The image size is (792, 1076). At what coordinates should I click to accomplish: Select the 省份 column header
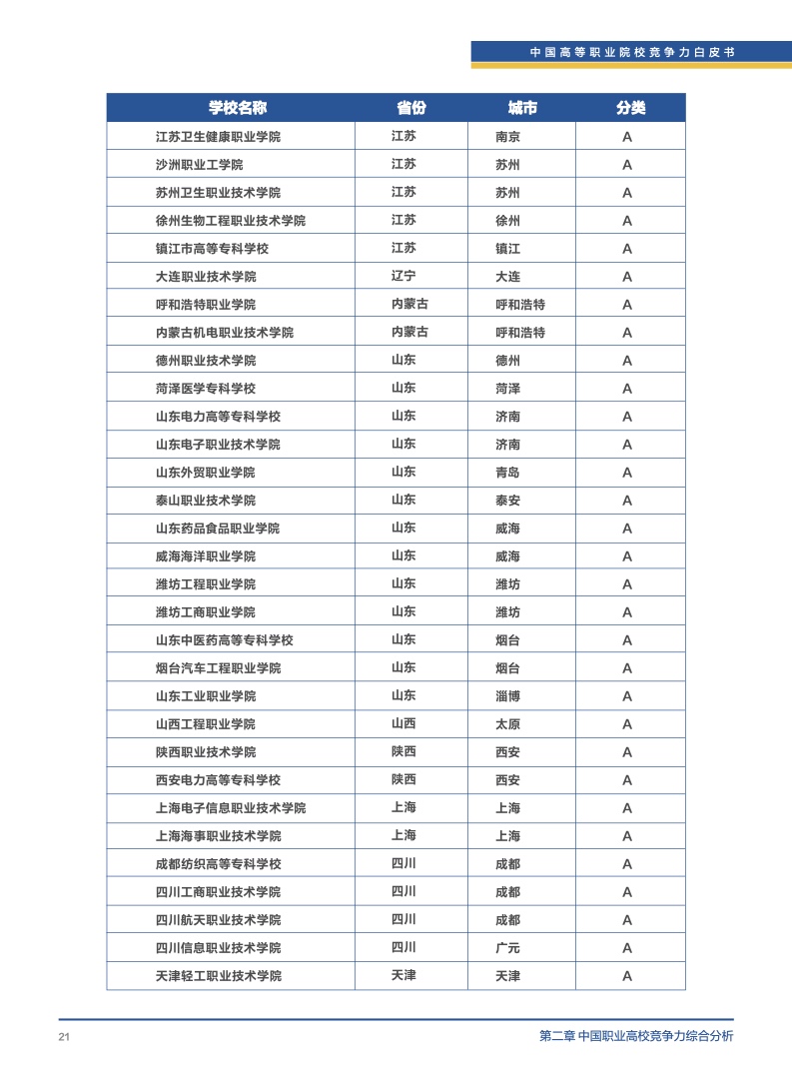coord(410,108)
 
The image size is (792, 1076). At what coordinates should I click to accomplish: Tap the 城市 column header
coord(522,108)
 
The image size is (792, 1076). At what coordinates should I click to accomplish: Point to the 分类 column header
coord(630,108)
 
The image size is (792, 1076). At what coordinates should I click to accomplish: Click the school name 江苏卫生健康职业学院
coord(218,137)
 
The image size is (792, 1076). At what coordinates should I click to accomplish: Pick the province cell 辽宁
coord(403,277)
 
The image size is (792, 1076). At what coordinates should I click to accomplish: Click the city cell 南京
coord(507,137)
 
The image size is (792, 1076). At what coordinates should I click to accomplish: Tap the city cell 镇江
coord(507,249)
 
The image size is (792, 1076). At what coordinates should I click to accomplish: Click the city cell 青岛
coord(507,473)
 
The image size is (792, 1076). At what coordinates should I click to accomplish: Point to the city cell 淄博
coord(507,696)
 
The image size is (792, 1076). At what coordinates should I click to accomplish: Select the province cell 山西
coord(403,724)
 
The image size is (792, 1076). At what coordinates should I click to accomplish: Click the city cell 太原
coord(507,724)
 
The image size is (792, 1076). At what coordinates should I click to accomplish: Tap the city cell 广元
coord(507,948)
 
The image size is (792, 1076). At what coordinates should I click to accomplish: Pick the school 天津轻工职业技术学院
coord(218,976)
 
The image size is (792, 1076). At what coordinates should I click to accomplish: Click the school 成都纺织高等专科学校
coord(218,864)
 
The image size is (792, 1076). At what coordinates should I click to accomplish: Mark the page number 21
coord(64,1037)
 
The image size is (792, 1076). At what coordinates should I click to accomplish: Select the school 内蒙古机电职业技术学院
coord(224,333)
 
